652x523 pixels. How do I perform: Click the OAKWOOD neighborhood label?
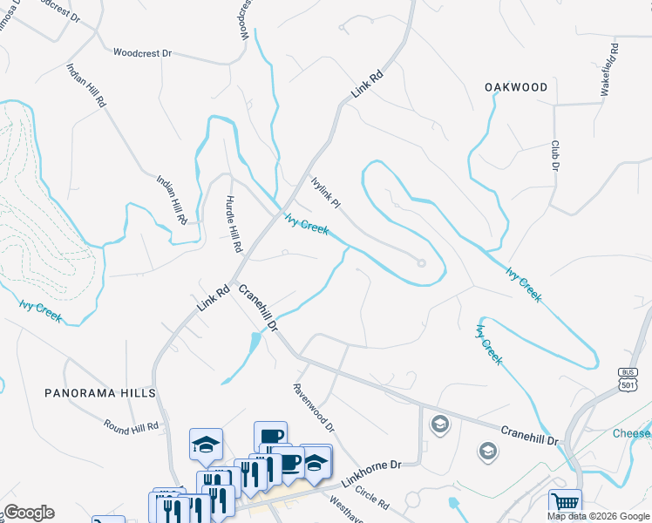tap(517, 87)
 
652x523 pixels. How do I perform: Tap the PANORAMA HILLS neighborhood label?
tap(99, 393)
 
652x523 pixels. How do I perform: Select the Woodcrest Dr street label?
tap(142, 53)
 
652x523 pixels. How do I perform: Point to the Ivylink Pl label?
tap(325, 191)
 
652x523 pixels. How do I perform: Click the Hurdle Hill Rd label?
tap(233, 223)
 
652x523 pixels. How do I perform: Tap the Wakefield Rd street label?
tap(608, 68)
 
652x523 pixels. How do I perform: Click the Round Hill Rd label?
tap(131, 427)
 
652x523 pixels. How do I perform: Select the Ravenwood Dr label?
tap(314, 408)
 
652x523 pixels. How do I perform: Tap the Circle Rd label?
tap(371, 499)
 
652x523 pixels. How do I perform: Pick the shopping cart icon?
tap(565, 503)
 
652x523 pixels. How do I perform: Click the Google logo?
tap(29, 513)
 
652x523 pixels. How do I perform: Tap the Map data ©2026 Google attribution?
tap(598, 516)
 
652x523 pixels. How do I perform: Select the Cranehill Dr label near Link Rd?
tap(258, 309)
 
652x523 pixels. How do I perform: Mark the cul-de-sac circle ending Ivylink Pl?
tap(421, 262)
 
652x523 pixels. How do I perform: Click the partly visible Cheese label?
tap(632, 434)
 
